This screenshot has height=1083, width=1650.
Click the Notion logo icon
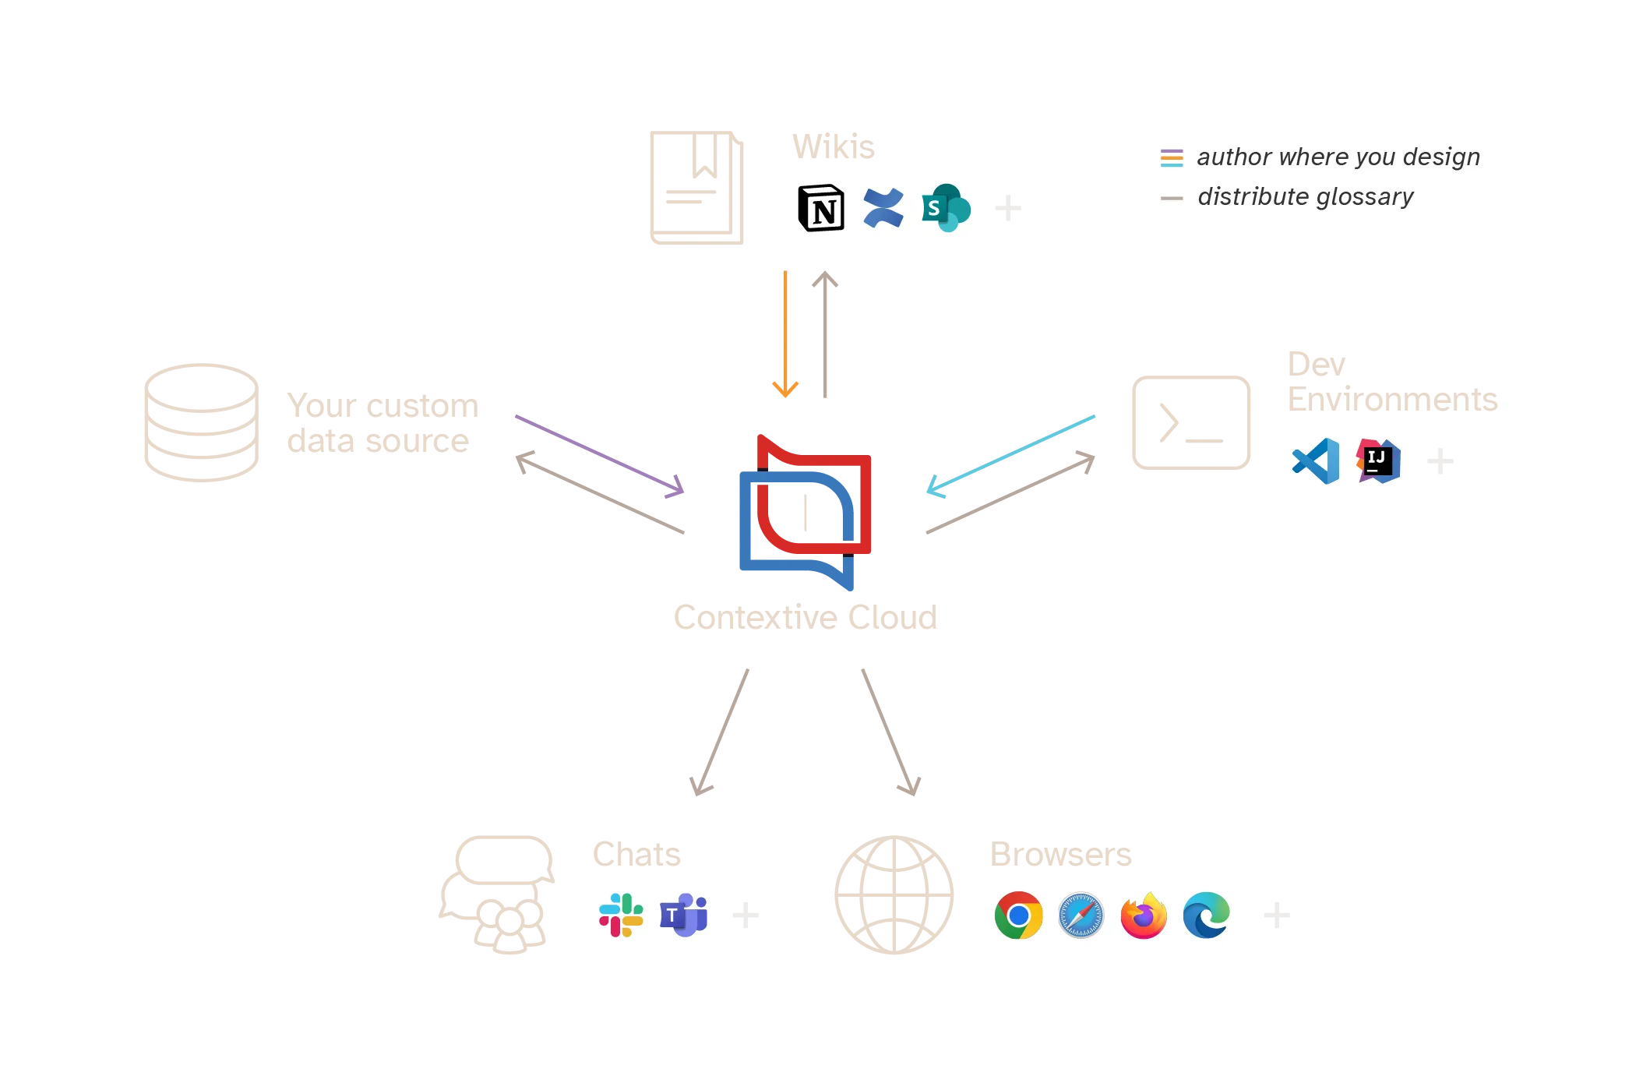[821, 208]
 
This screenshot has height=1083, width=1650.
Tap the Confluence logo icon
[883, 208]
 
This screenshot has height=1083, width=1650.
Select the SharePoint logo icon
[945, 208]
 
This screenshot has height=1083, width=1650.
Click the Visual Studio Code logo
[1316, 461]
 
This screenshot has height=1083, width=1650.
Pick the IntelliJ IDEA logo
[1377, 461]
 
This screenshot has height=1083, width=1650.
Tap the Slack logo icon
[621, 915]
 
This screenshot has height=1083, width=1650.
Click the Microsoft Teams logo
[683, 915]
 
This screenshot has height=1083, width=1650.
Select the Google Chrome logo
[1018, 915]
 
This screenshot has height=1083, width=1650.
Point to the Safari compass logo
[1081, 915]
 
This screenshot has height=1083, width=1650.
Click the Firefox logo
[1143, 915]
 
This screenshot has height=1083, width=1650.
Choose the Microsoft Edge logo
[1205, 915]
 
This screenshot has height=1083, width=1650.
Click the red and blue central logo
[805, 510]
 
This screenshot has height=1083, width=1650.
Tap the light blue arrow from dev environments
[1010, 455]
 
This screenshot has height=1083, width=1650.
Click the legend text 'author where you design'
[1338, 157]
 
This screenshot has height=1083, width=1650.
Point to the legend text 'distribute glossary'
[1305, 197]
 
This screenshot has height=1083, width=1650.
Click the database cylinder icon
[202, 423]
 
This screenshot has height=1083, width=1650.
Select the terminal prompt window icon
[1190, 423]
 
